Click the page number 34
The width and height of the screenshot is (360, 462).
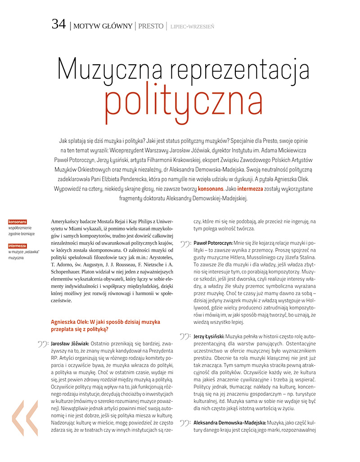point(59,24)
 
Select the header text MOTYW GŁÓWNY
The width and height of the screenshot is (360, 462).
point(103,26)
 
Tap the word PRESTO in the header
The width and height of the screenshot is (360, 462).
point(151,26)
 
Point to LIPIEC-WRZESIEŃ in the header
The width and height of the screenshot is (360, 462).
point(192,27)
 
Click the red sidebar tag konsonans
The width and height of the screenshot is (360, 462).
point(18,222)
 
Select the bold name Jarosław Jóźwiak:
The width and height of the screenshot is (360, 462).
point(72,344)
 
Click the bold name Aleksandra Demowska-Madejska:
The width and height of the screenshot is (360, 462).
point(229,423)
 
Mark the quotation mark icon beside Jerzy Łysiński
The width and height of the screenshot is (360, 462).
point(185,337)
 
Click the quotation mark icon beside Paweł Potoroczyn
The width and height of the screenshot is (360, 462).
point(185,244)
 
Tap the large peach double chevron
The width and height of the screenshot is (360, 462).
point(25,418)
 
